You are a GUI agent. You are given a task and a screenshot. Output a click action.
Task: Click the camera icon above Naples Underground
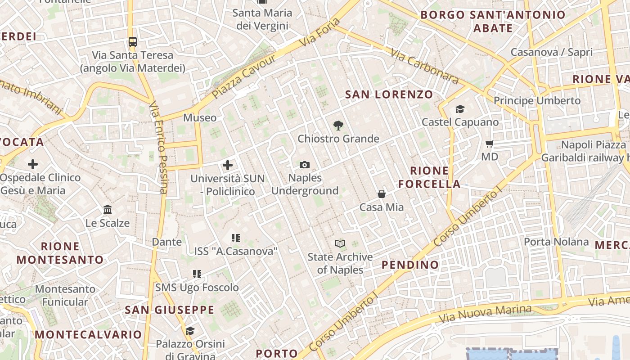[305, 165]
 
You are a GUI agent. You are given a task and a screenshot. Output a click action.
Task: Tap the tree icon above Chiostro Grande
[338, 126]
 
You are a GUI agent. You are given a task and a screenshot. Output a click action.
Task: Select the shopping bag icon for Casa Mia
[382, 194]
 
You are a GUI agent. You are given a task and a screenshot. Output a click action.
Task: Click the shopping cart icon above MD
[490, 144]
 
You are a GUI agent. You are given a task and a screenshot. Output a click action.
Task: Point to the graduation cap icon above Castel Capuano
[460, 109]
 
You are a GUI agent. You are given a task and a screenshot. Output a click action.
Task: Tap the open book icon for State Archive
[340, 244]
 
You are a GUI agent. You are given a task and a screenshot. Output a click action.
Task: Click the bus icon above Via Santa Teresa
[133, 42]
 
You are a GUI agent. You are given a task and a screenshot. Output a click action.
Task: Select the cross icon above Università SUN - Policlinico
[228, 165]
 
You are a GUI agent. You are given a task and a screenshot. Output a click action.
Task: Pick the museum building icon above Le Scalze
[108, 210]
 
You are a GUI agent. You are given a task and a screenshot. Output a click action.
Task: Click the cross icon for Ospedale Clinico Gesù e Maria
[33, 164]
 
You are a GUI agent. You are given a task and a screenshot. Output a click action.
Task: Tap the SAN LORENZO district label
[389, 94]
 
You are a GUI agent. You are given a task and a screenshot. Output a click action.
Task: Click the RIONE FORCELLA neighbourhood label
[429, 177]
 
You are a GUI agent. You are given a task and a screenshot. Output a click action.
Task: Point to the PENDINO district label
[410, 265]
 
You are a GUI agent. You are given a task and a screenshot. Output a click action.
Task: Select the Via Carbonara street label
[424, 66]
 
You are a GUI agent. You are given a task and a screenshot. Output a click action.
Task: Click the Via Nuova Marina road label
[485, 314]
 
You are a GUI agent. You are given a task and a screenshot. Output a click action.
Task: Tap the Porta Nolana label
[556, 242]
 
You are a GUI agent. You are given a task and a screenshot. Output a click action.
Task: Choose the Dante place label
[167, 242]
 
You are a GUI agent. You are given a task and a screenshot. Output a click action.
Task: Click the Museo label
[200, 118]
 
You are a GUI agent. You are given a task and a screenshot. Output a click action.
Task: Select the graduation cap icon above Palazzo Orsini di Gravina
[190, 331]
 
